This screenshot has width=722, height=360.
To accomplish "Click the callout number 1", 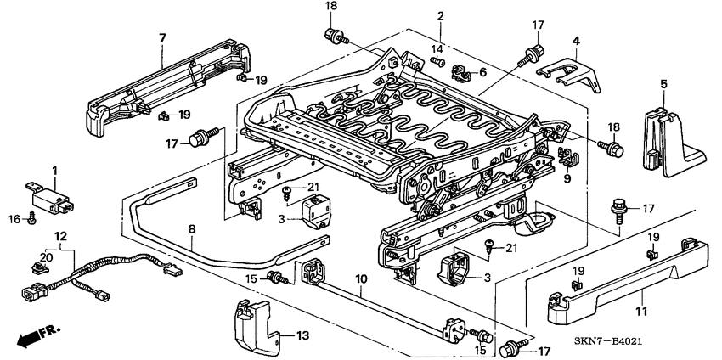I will point(55,171).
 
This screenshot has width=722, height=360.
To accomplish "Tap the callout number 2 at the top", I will point(441,16).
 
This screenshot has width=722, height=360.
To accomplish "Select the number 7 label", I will point(162,37).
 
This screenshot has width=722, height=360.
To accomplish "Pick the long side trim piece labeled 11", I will point(629,284).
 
